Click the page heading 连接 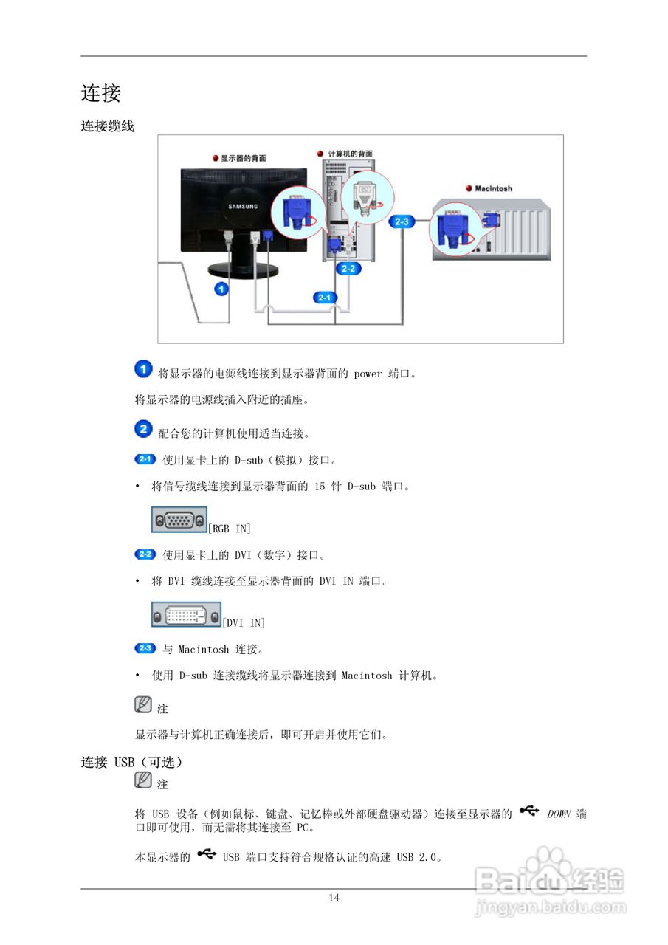click(100, 94)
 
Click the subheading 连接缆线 click(107, 126)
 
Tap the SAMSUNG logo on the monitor click(242, 207)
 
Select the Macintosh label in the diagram click(493, 189)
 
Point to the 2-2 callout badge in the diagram click(348, 269)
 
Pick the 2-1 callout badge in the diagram click(325, 297)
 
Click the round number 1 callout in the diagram click(220, 289)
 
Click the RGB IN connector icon click(179, 520)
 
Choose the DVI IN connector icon click(186, 615)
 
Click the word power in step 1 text click(368, 374)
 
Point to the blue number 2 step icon click(144, 428)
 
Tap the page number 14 click(334, 898)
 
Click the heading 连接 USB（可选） click(131, 762)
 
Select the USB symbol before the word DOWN click(528, 811)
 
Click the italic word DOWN click(559, 814)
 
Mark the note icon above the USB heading click(143, 704)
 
